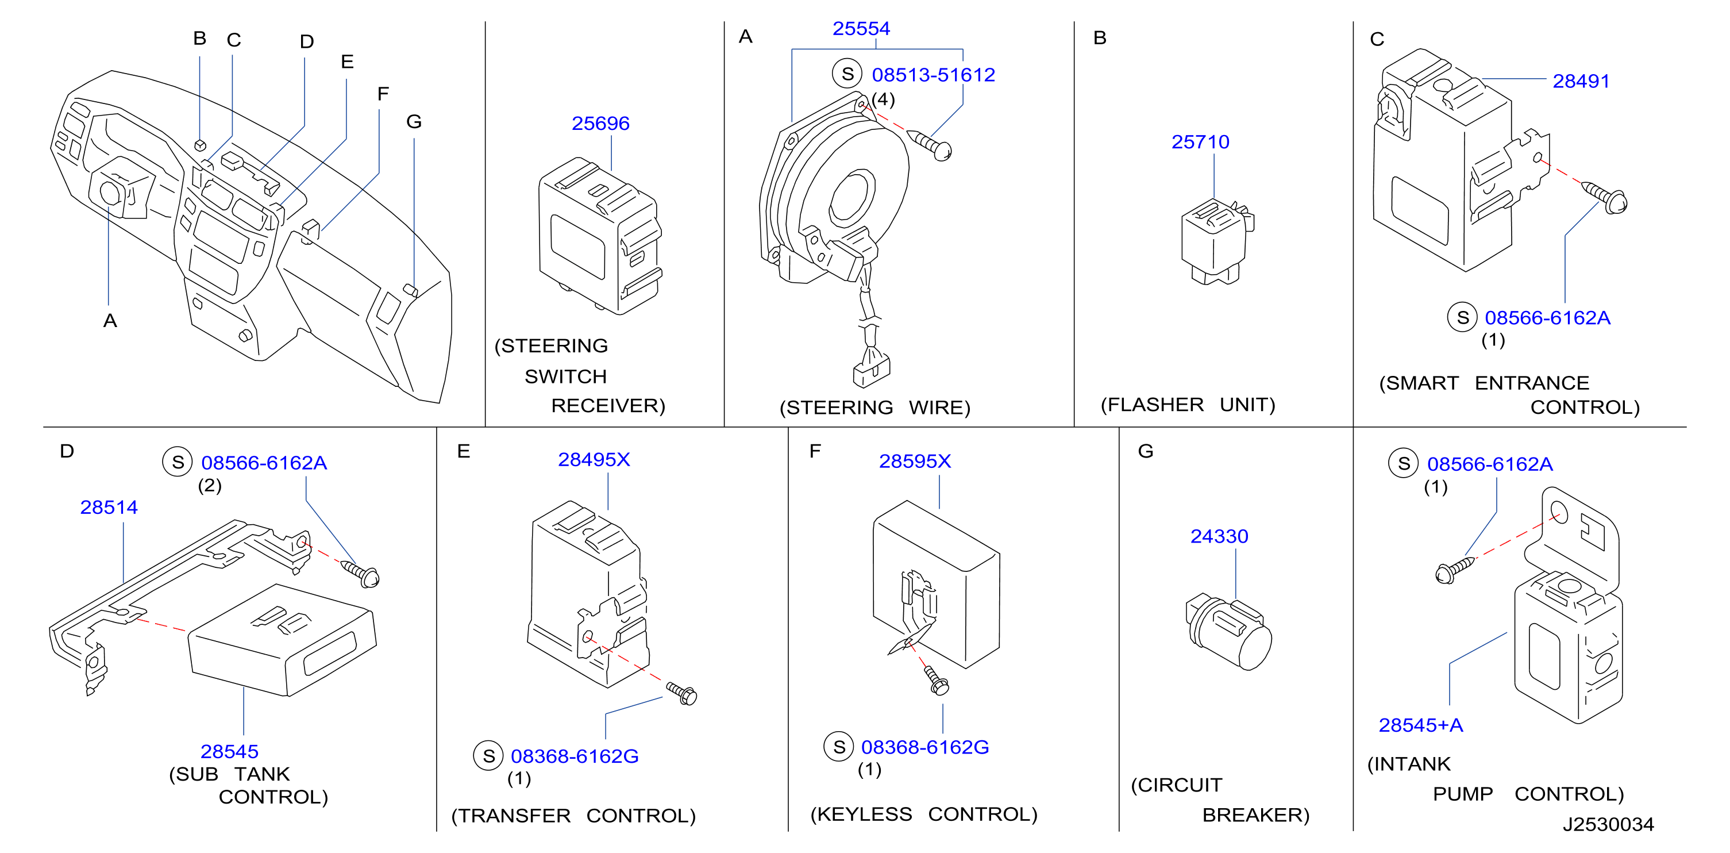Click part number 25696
click(x=600, y=124)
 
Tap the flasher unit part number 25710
click(x=1200, y=143)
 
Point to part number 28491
click(x=1581, y=81)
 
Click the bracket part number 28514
click(x=109, y=508)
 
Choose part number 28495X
click(x=594, y=460)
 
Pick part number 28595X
click(x=915, y=462)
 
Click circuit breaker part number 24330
click(x=1219, y=537)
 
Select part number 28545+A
click(x=1420, y=725)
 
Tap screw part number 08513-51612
click(x=933, y=75)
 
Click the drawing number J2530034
click(x=1608, y=825)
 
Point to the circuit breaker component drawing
click(x=1228, y=631)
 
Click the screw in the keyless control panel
click(x=936, y=681)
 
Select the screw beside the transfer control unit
click(x=681, y=693)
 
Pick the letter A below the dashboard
click(x=110, y=321)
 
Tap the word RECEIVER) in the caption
click(x=608, y=406)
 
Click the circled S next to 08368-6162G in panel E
click(x=488, y=756)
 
